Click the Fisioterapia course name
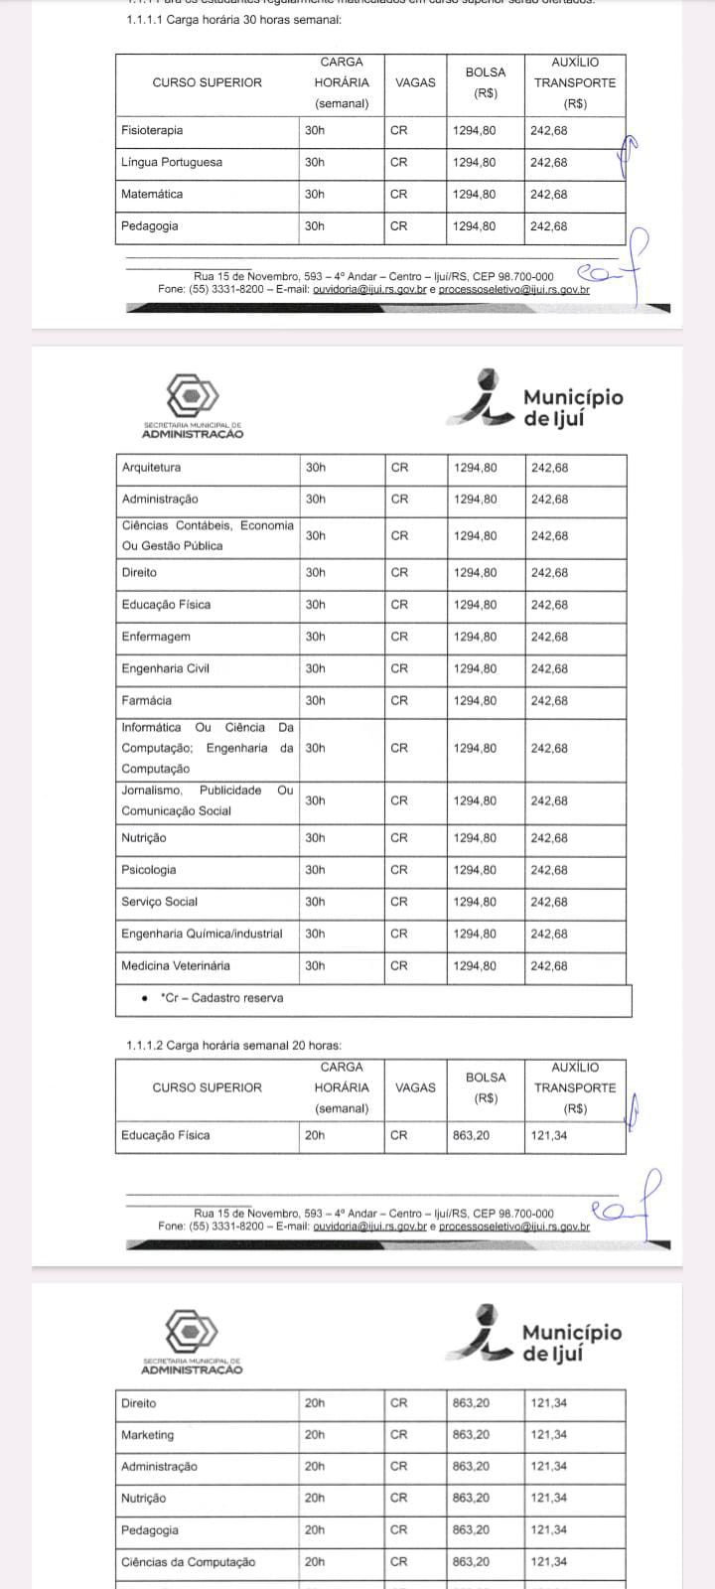pyautogui.click(x=152, y=130)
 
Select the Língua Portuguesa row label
pyautogui.click(x=172, y=162)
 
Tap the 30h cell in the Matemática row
pyautogui.click(x=315, y=194)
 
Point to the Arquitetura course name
pyautogui.click(x=151, y=467)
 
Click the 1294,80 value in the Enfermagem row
pyautogui.click(x=475, y=637)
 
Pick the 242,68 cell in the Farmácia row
pyautogui.click(x=549, y=700)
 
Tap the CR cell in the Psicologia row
pyautogui.click(x=399, y=870)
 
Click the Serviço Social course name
pyautogui.click(x=159, y=902)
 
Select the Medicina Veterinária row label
pyautogui.click(x=176, y=965)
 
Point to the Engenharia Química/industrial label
pyautogui.click(x=202, y=934)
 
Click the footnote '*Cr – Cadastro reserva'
pyautogui.click(x=221, y=998)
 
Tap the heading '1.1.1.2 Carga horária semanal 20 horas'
pyautogui.click(x=233, y=1046)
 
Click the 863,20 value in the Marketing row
pyautogui.click(x=471, y=1434)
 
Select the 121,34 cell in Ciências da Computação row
pyautogui.click(x=549, y=1561)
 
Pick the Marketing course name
pyautogui.click(x=147, y=1434)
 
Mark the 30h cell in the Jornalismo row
pyautogui.click(x=316, y=800)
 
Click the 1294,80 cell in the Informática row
pyautogui.click(x=475, y=748)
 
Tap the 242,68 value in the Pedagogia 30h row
pyautogui.click(x=549, y=226)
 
